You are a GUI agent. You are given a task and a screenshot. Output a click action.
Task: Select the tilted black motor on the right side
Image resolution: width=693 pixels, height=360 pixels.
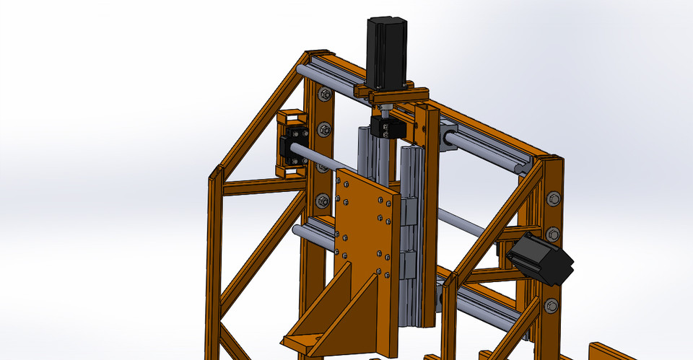coord(541,259)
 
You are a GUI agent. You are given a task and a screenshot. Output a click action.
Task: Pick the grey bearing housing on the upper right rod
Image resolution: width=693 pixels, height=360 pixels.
coord(448,138)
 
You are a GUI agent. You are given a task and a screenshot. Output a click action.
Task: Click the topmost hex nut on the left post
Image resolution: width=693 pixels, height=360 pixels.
coord(325,95)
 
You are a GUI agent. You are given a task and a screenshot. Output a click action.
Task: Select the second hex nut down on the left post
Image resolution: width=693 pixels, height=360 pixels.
coord(324,131)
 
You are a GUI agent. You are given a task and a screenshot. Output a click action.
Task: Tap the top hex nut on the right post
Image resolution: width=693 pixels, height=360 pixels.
coord(554,198)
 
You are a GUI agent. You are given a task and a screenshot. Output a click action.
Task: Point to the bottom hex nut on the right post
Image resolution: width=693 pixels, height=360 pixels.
coord(552,305)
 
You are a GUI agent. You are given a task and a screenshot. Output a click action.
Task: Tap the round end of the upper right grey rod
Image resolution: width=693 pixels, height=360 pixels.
coord(522,167)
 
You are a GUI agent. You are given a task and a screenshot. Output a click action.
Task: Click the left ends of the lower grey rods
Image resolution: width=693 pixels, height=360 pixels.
coord(297,231)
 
